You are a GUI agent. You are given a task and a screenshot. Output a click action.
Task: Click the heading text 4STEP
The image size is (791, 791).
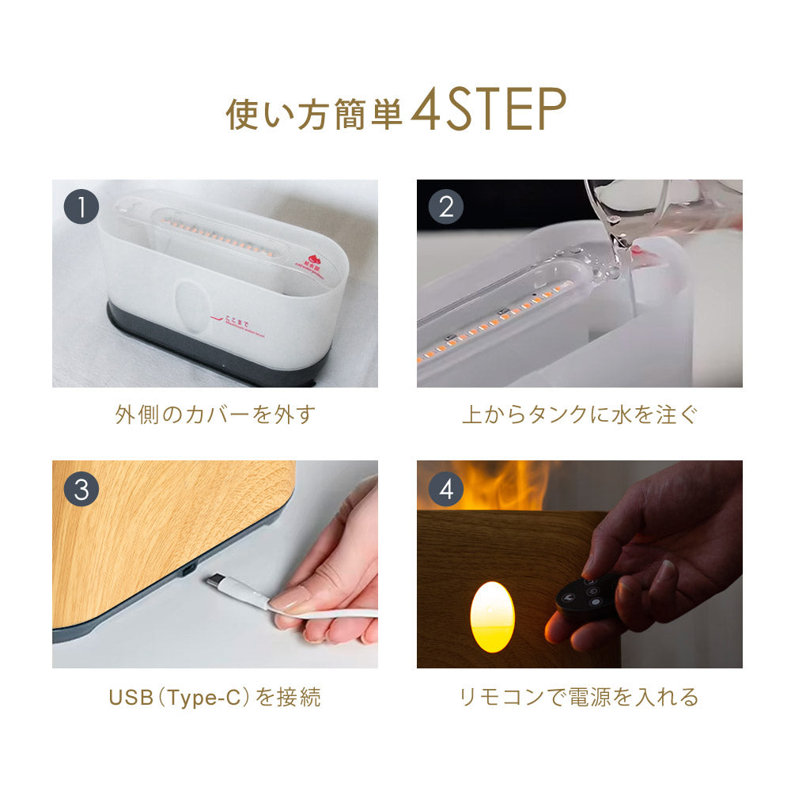[488, 112]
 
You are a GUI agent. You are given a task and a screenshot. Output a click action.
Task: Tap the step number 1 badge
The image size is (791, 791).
[81, 208]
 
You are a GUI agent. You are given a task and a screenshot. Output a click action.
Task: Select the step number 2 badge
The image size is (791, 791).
[446, 208]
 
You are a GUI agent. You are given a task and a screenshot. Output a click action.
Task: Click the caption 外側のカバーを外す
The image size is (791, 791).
[215, 415]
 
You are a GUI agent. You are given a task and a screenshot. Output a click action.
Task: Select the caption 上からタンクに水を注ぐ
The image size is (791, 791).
[580, 415]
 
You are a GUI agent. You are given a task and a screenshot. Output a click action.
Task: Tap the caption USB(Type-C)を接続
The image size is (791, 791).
[215, 698]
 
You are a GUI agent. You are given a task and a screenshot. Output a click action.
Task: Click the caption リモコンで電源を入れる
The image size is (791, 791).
[580, 698]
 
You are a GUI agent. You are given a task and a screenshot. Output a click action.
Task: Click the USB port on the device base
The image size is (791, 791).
[188, 570]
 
